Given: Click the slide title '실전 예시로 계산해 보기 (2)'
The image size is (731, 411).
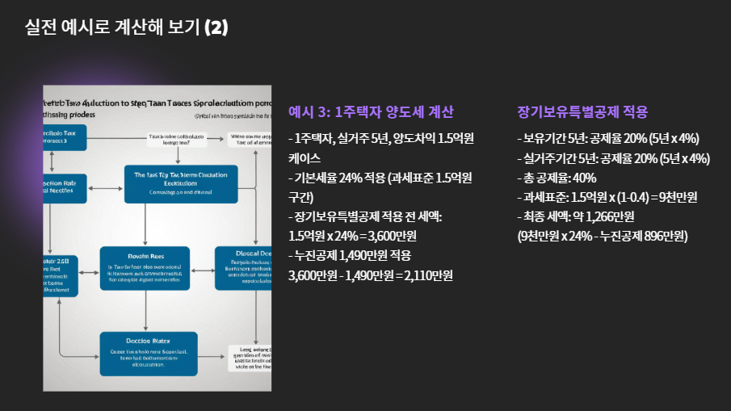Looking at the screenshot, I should [127, 27].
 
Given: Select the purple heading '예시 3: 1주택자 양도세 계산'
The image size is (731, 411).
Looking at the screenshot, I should [371, 112].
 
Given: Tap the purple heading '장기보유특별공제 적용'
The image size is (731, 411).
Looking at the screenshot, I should [582, 112].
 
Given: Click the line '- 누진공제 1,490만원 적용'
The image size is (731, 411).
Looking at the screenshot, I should [350, 256].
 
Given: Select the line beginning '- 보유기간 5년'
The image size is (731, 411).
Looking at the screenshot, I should [607, 138].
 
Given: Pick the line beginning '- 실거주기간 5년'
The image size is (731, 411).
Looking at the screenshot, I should [613, 158].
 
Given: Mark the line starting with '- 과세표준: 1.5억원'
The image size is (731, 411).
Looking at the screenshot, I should [607, 198].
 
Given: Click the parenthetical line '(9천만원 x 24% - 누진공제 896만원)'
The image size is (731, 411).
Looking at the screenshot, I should [602, 237].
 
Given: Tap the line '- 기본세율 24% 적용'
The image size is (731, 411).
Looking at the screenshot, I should [380, 178].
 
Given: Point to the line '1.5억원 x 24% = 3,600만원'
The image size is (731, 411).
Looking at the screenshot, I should [361, 237].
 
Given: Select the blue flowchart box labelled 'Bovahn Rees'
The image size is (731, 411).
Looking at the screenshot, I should [145, 268].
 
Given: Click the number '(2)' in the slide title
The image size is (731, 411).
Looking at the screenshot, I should [216, 27].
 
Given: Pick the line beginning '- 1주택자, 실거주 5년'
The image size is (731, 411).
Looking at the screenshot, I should [380, 138].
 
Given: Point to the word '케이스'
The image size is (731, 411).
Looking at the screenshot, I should [305, 158].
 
